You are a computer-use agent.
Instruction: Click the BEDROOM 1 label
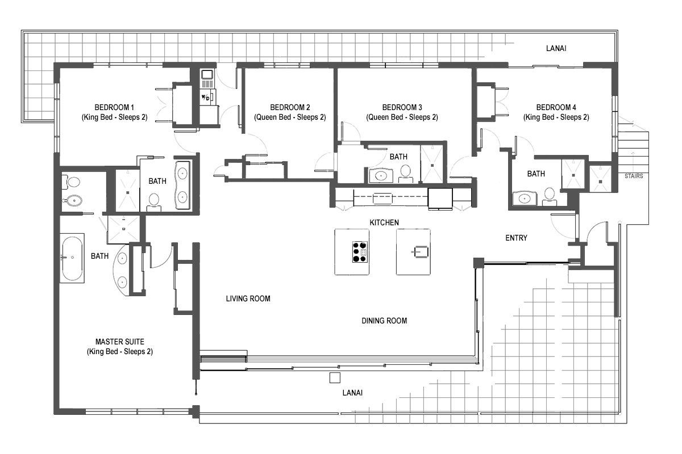pos(114,107)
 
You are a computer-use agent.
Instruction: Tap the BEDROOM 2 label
pos(290,107)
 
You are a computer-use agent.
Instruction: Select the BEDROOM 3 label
pos(402,107)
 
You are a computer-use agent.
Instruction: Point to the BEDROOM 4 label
pos(556,107)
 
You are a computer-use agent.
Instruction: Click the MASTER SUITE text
pos(119,342)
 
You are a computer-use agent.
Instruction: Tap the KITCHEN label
pos(384,222)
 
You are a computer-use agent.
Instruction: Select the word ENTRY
pos(516,238)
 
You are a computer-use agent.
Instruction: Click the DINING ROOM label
pos(384,321)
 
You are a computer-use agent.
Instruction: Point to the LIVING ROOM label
pos(248,299)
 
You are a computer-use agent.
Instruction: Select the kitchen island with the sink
pos(413,251)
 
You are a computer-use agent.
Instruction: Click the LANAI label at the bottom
pos(352,393)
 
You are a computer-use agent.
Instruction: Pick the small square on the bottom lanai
pos(335,377)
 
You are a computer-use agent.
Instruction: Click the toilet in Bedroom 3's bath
pos(406,171)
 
